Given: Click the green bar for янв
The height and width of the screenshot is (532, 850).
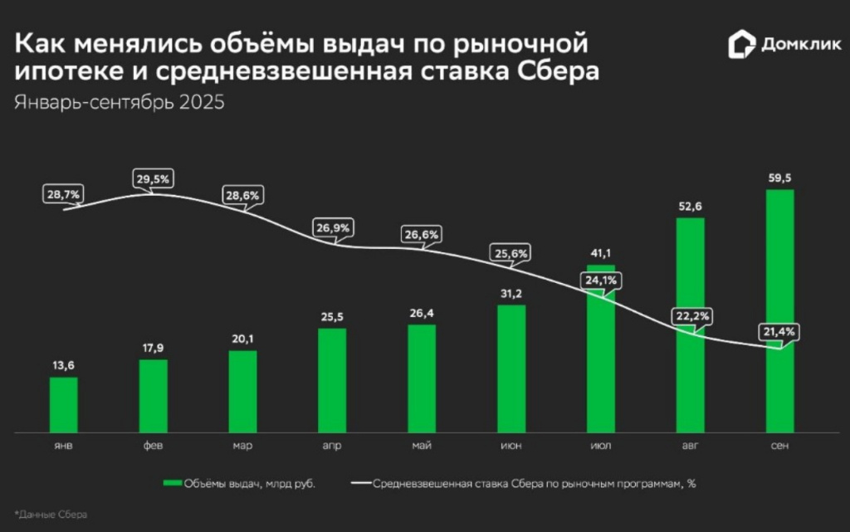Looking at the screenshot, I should point(63,405).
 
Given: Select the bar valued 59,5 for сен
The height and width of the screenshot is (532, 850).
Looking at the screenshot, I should point(780,311).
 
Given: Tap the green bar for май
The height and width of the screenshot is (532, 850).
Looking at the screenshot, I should point(422,378).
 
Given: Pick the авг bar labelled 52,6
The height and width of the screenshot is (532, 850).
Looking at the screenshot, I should point(691,325).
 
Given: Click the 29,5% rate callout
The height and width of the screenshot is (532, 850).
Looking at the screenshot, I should point(152,179).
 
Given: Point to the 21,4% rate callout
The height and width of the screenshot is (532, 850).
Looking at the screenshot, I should point(778,331).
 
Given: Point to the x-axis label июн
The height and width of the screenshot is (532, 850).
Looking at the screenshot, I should point(511,447).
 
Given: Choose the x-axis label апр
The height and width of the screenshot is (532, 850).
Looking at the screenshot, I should point(332,447).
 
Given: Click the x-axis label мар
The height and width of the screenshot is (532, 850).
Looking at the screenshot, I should point(242,447).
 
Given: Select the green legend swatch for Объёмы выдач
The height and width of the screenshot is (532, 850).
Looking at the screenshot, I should point(172,483).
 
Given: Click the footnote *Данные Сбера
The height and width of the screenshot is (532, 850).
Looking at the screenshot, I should point(50,515).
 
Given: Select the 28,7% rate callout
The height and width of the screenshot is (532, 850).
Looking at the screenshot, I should point(62,194).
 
